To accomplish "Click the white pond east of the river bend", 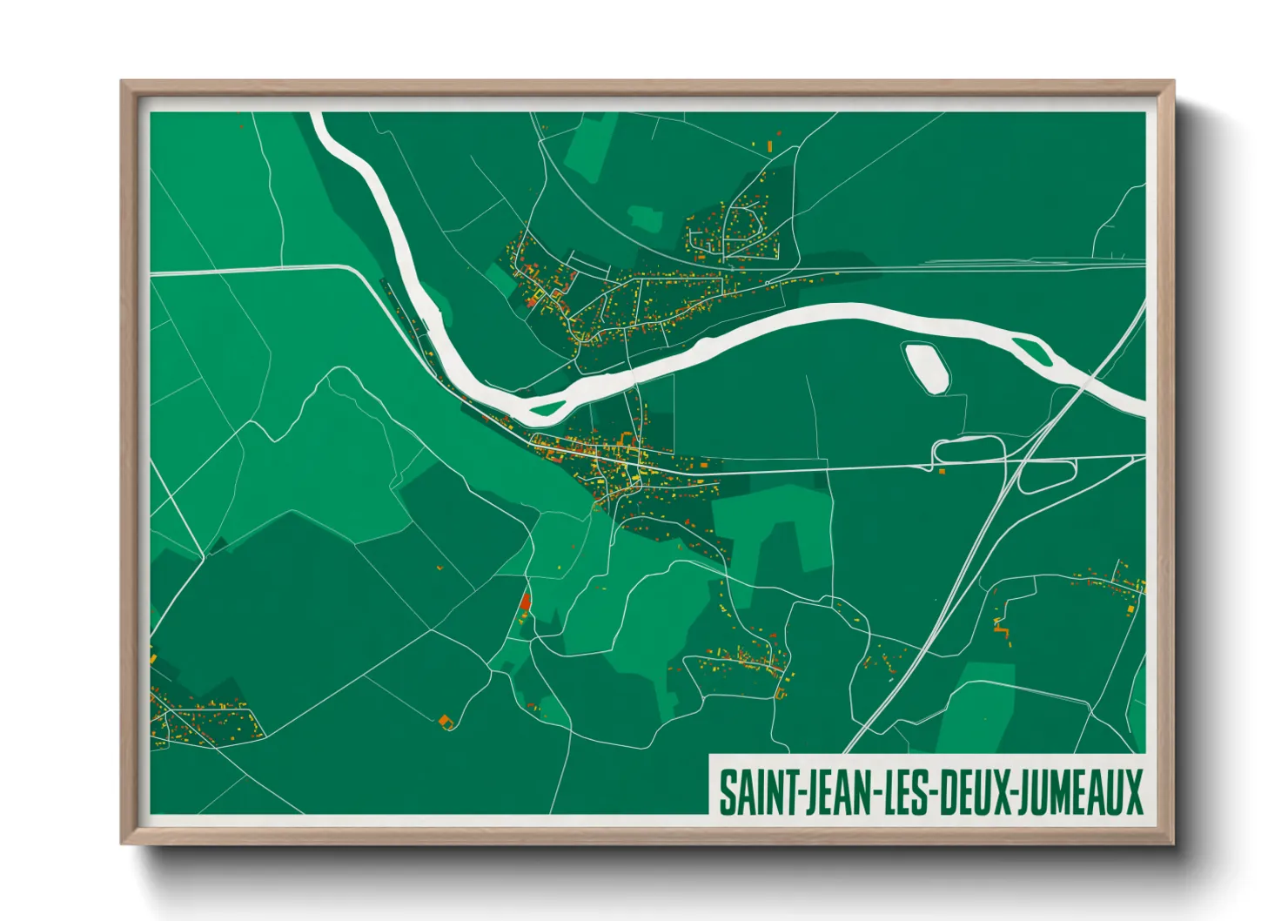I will [x=925, y=366].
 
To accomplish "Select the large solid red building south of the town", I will [x=525, y=601].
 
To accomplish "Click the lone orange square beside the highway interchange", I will [x=942, y=471].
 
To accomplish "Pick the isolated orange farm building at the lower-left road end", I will [x=447, y=721].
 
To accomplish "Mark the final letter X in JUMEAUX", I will [x=1132, y=791].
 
